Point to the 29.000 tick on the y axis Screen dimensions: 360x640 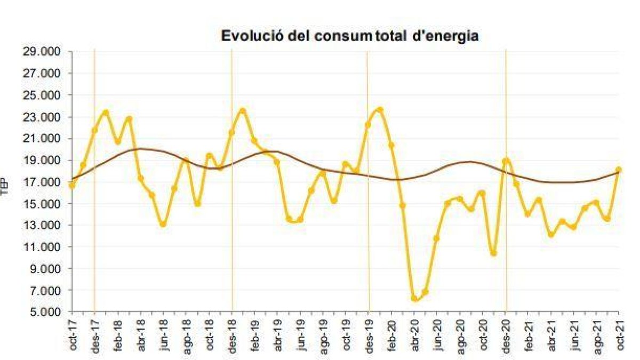(47, 52)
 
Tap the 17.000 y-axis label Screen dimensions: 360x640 (47, 182)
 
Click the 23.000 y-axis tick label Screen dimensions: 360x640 (47, 117)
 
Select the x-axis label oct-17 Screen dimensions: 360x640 (73, 336)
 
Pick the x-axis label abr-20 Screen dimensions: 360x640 (414, 336)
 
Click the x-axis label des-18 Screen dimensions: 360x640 (232, 336)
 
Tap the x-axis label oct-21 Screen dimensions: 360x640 (619, 336)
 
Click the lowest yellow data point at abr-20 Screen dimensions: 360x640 (414, 298)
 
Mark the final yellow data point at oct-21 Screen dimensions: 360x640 (619, 170)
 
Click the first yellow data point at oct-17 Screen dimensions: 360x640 (72, 185)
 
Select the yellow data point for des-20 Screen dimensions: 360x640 (505, 161)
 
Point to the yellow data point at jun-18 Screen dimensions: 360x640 (163, 224)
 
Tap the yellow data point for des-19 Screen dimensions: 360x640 (368, 125)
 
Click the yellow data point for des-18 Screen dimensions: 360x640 (231, 132)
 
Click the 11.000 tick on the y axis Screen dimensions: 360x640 (47, 247)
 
